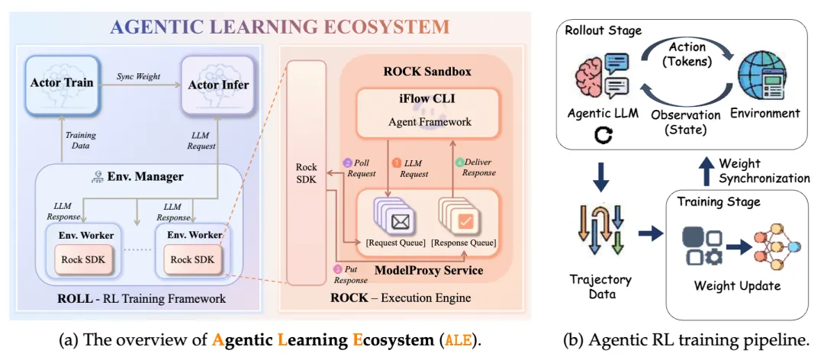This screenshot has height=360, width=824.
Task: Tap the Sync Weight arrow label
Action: (139, 77)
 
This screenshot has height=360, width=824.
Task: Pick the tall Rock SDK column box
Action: (307, 172)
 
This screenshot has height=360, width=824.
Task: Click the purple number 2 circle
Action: (347, 163)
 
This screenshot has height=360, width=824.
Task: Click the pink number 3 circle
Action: (337, 269)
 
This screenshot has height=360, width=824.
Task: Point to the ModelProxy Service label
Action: (428, 271)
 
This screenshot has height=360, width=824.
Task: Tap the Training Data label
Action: (80, 140)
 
